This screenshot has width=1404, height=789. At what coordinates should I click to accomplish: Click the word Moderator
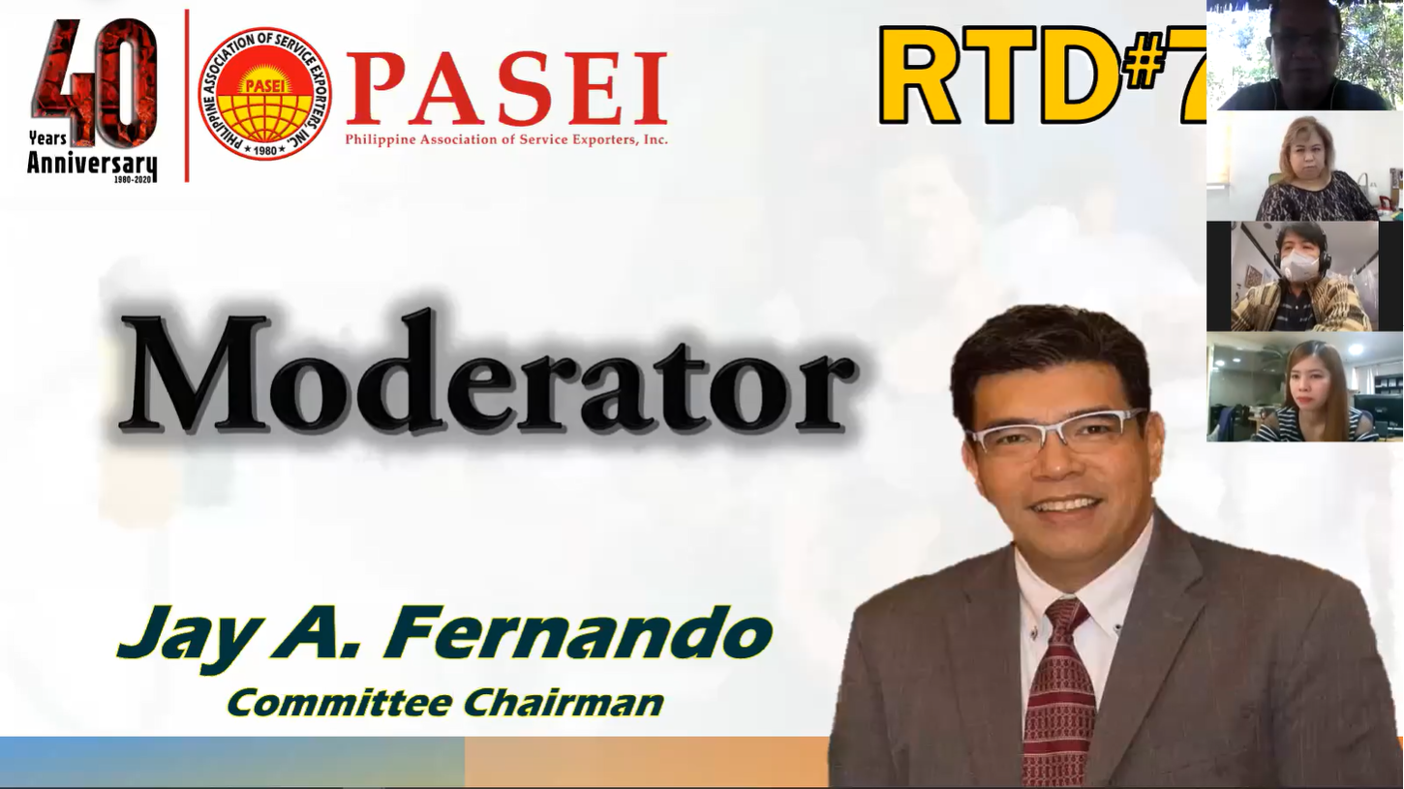click(488, 373)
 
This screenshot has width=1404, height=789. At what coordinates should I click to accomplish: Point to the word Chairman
click(564, 703)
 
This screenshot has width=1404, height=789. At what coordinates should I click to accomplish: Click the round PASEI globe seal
click(265, 93)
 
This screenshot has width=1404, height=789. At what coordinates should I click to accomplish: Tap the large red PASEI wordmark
click(505, 88)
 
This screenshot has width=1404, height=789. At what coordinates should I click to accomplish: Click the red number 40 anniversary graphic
click(94, 81)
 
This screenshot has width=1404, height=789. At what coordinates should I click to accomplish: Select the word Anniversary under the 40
click(92, 165)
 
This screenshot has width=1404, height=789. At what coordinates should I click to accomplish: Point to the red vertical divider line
click(187, 96)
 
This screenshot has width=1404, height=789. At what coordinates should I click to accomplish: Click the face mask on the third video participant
click(1297, 265)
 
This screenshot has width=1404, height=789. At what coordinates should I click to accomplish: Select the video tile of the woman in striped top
click(1304, 387)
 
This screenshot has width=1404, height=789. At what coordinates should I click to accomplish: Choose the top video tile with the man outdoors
click(1304, 55)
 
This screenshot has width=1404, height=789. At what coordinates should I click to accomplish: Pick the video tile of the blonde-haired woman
click(1304, 167)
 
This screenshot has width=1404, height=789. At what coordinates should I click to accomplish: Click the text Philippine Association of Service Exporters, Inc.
click(506, 139)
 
